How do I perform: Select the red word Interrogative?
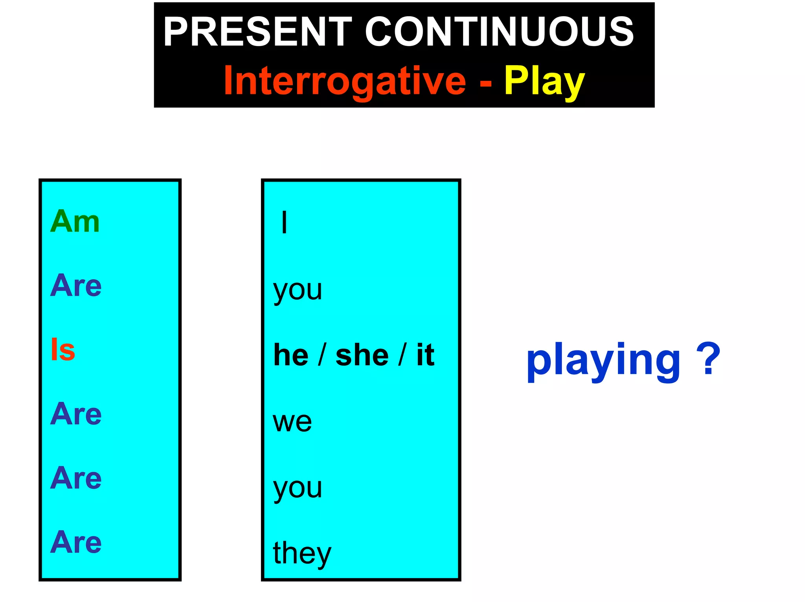(x=345, y=81)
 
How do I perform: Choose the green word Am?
(x=75, y=221)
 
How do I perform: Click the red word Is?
(x=63, y=350)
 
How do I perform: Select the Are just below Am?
(x=76, y=285)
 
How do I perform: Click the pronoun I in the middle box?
(x=284, y=222)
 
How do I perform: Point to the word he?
(x=291, y=355)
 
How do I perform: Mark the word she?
(x=362, y=355)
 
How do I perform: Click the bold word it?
(x=425, y=355)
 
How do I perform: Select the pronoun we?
(x=292, y=422)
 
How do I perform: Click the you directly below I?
(x=298, y=291)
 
